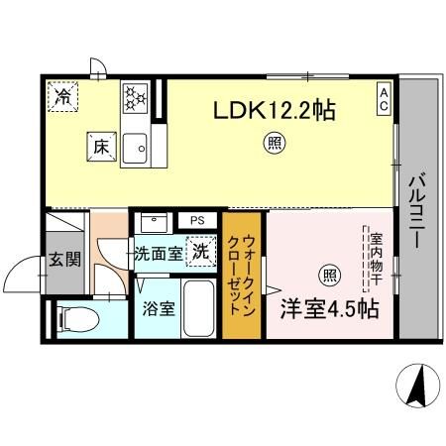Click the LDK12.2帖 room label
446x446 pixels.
tap(274, 111)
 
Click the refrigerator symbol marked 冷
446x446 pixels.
tap(62, 97)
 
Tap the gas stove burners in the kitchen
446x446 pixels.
tap(135, 97)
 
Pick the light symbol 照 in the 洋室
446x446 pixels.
tap(326, 275)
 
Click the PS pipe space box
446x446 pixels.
tap(197, 220)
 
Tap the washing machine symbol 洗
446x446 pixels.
tap(200, 253)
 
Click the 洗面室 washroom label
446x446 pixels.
tap(159, 254)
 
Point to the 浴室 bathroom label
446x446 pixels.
tap(160, 307)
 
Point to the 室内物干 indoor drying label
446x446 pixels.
tap(377, 260)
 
